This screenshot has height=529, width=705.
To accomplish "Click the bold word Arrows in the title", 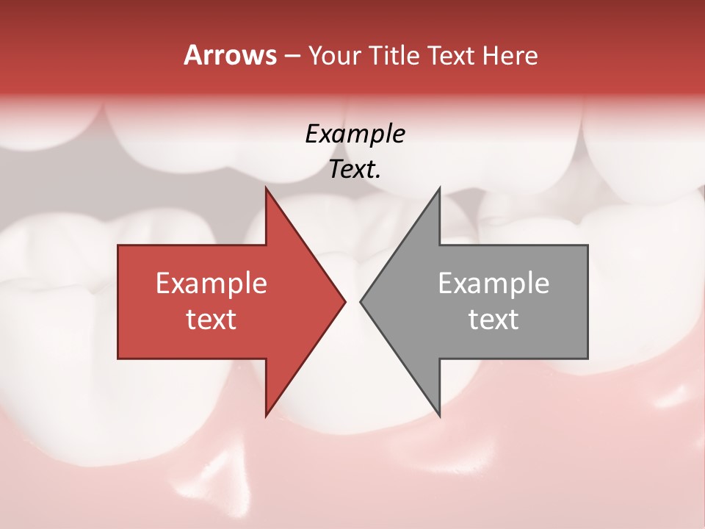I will [x=231, y=55].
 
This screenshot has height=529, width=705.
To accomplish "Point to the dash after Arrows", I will [x=292, y=56].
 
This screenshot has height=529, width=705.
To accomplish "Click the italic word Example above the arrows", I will [x=355, y=134].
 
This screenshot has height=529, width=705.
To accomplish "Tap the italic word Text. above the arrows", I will [x=355, y=170].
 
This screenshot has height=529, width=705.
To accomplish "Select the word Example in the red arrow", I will [x=211, y=283].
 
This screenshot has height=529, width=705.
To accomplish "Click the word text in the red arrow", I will [x=211, y=320].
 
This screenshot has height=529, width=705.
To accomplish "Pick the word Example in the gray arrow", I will [x=493, y=283].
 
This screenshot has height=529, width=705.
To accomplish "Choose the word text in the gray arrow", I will [x=493, y=320].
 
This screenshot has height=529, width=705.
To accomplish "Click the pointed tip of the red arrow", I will [x=345, y=301].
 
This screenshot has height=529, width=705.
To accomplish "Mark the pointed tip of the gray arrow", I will [x=361, y=301].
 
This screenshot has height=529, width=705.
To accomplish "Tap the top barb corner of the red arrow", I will [x=266, y=188].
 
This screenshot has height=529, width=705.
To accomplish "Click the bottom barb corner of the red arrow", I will [x=266, y=415].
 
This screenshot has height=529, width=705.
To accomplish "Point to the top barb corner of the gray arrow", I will [x=439, y=188].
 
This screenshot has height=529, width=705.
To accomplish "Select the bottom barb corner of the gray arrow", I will [x=439, y=415].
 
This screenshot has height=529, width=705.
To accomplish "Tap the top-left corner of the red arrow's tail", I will [x=118, y=245].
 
